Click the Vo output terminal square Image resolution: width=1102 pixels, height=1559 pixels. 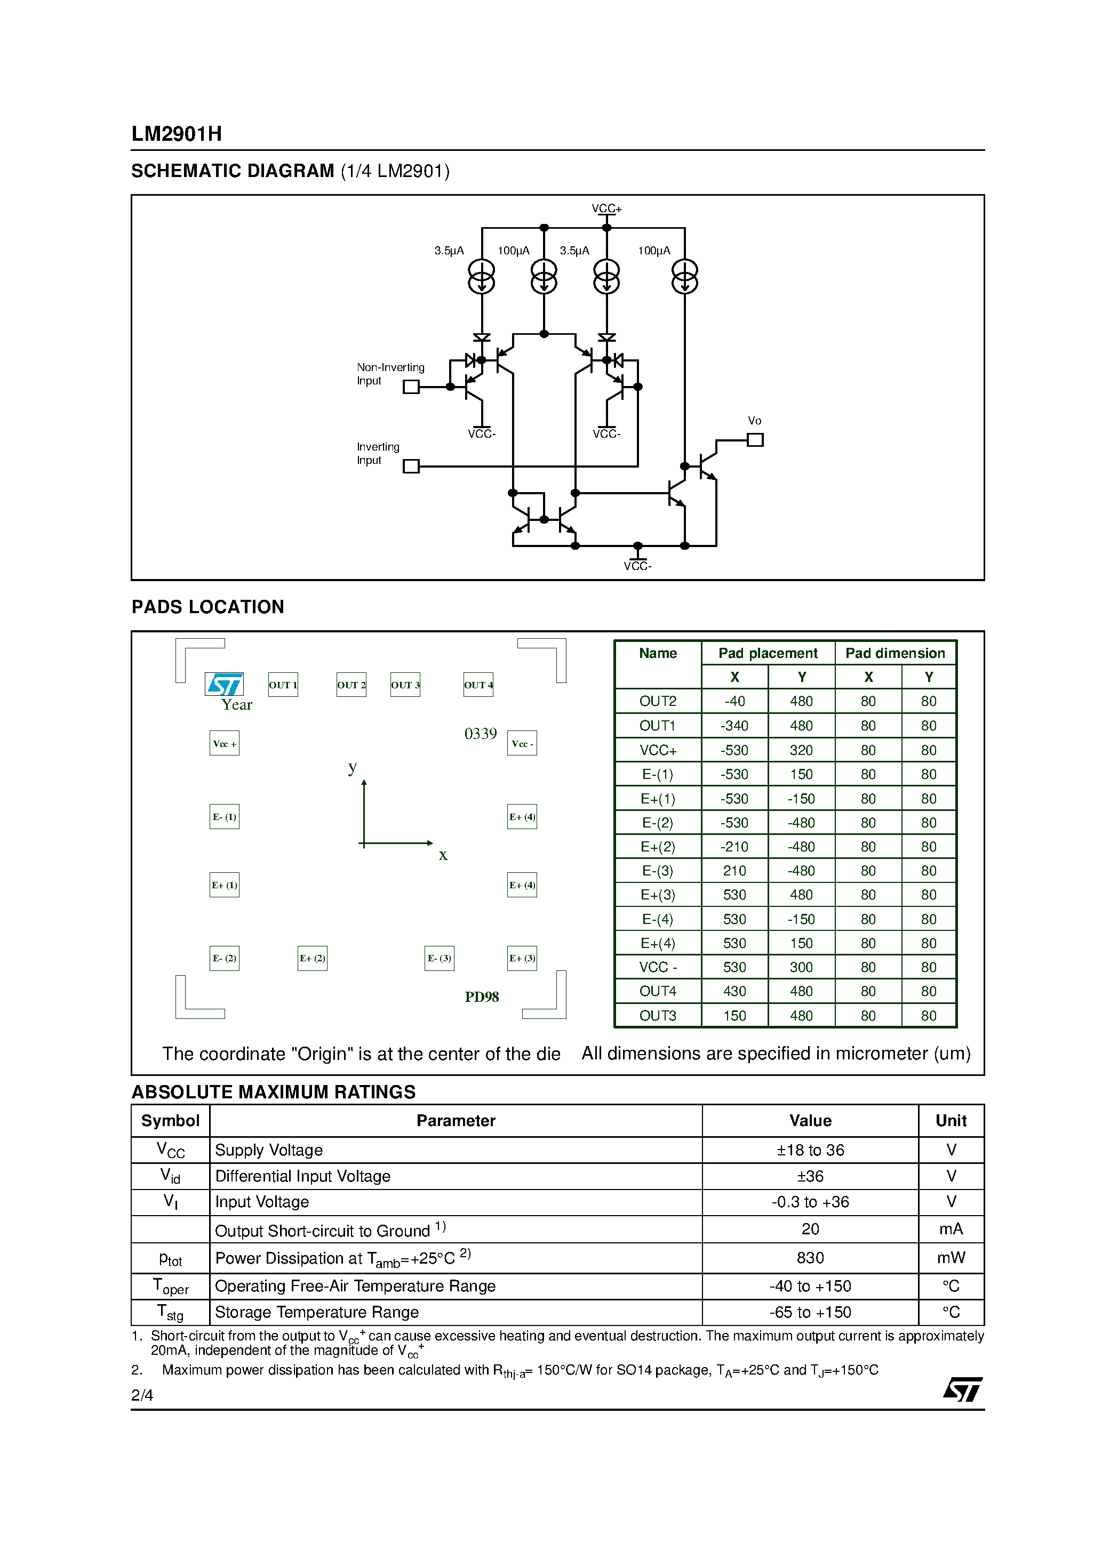755,440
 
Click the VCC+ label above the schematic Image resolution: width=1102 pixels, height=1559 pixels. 606,208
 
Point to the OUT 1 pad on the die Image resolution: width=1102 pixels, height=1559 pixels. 283,685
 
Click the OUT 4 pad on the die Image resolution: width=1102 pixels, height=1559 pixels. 478,685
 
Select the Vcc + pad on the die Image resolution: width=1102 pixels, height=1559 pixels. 224,744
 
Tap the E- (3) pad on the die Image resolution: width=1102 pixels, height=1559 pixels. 439,958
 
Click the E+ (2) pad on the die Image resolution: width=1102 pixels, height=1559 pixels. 313,958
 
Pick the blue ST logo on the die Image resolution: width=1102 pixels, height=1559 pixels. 224,684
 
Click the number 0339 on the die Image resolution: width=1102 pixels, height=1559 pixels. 481,734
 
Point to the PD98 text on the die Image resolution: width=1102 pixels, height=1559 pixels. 482,997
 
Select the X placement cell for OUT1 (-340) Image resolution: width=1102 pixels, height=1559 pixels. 734,726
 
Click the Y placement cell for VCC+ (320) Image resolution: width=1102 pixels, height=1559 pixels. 801,750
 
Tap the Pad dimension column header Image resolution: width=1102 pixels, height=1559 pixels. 895,653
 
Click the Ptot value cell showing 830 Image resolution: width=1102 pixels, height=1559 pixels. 810,1258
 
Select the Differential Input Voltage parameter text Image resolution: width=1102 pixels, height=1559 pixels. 303,1176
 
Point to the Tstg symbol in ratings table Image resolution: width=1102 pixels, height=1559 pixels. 170,1312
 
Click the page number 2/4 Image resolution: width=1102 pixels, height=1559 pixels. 142,1395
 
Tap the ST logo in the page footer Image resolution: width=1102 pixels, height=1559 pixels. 962,1389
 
